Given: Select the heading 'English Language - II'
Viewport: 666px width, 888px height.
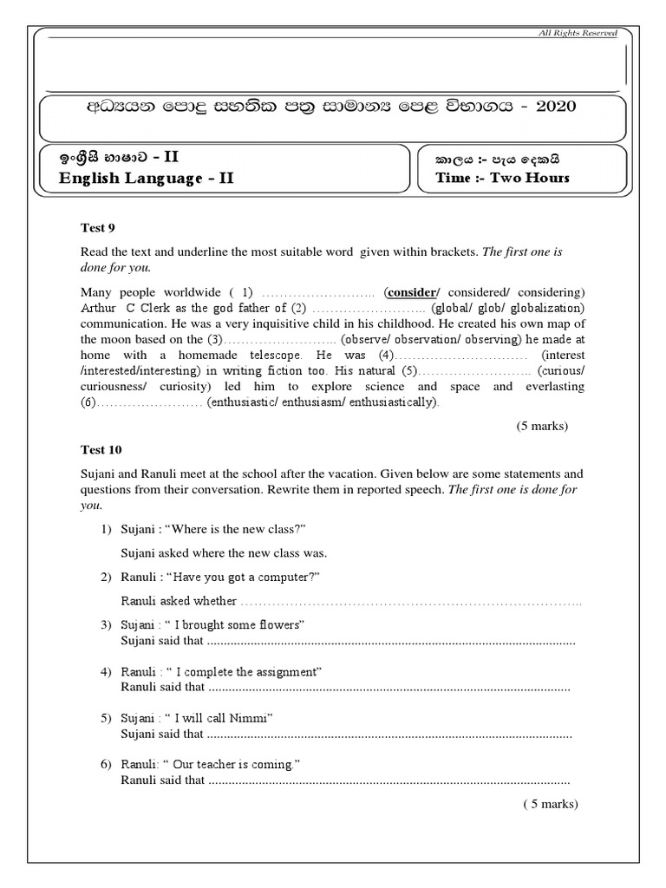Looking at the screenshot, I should click(x=146, y=179).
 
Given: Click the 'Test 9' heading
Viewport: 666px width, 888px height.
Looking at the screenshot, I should click(x=98, y=228).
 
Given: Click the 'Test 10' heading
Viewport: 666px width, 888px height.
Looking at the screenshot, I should click(x=101, y=449).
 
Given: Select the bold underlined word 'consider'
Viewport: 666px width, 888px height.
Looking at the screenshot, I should click(x=414, y=291).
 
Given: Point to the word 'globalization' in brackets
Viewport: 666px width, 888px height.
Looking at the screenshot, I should click(x=550, y=308).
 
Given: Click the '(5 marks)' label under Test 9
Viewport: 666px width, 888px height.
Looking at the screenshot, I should click(x=542, y=426).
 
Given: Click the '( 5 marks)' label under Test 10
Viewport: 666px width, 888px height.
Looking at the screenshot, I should click(x=549, y=804).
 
